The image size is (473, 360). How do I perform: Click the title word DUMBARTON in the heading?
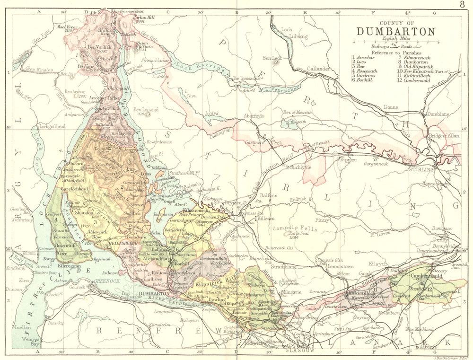[x=395, y=32]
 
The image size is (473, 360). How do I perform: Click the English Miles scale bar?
[x=395, y=42]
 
